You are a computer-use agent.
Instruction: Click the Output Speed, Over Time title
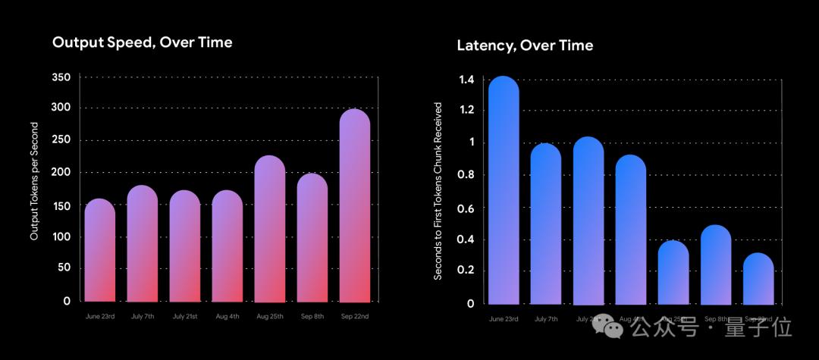pos(142,42)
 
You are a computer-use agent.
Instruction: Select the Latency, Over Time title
pos(525,45)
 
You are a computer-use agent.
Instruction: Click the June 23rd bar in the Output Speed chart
pos(99,250)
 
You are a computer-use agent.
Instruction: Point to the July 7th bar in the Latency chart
pos(545,224)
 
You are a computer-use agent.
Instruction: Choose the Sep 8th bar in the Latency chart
pos(715,265)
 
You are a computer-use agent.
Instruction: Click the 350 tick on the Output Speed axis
pos(61,77)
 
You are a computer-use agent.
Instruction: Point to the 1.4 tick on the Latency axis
pos(466,80)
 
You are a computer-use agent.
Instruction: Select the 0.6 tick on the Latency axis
pos(466,208)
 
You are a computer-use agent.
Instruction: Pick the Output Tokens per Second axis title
pos(34,189)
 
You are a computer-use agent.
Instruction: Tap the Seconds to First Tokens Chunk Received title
pos(438,191)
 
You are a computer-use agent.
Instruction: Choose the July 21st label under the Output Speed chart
pos(184,316)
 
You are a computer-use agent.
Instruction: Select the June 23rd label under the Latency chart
pos(503,319)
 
